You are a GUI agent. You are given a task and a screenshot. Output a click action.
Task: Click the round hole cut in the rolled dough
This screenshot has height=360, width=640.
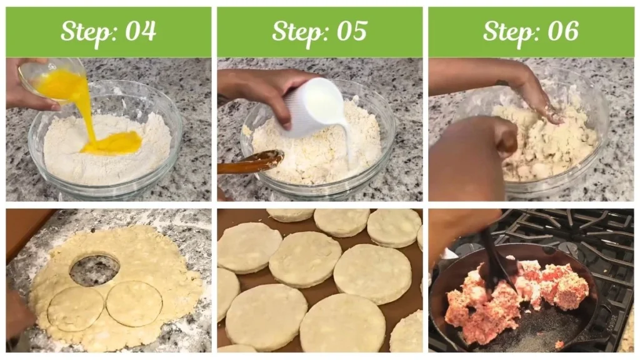click(94, 270)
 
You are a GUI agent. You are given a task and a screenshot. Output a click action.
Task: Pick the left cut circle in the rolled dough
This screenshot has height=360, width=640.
click(76, 308)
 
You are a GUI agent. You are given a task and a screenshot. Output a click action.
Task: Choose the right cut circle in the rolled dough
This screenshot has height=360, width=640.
click(134, 303)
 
